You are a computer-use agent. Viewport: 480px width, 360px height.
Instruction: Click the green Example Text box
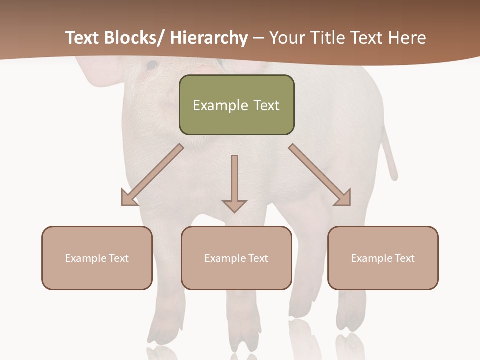(236, 105)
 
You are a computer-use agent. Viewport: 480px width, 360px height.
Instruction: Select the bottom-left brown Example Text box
(97, 258)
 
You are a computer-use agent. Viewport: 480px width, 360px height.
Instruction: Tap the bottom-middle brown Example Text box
(236, 258)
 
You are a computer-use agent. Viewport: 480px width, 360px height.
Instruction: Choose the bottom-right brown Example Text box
(383, 258)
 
